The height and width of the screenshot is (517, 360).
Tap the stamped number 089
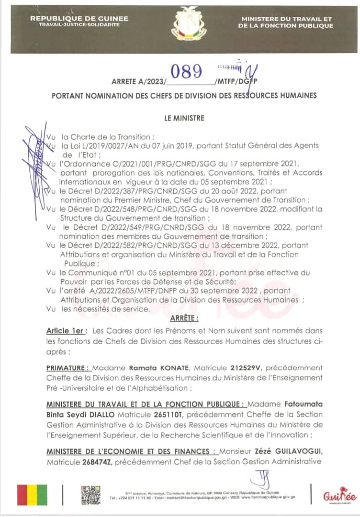186,71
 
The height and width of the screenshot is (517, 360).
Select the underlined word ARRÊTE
184,318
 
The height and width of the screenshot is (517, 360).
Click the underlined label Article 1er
67,331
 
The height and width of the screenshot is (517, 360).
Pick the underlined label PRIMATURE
68,368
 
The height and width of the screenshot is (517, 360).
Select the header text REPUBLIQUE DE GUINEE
79,18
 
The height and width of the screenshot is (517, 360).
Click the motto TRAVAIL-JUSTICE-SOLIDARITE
79,24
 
